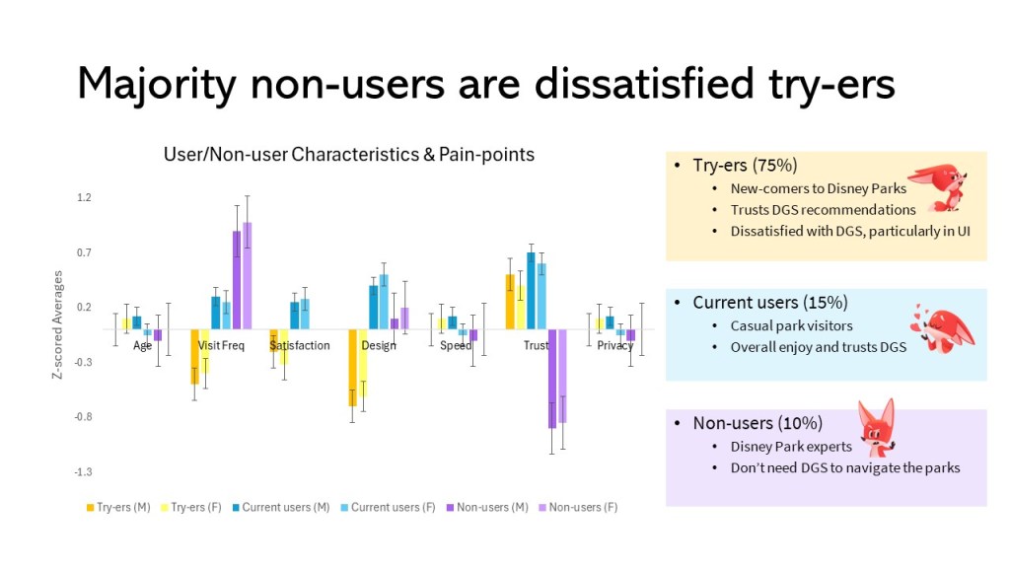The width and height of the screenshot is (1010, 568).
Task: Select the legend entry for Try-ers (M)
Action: coord(123,507)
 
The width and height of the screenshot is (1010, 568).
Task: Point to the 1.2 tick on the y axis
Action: coord(84,198)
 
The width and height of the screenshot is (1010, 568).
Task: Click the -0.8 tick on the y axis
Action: coord(82,417)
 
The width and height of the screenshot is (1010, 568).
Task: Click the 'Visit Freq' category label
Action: coord(221,346)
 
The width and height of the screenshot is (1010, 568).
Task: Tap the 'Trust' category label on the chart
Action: coord(537,346)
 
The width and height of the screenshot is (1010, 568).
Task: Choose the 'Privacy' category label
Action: coord(615,346)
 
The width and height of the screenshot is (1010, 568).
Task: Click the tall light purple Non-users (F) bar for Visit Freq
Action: coord(248,276)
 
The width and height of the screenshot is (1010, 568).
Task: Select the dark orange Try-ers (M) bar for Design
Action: coord(352,368)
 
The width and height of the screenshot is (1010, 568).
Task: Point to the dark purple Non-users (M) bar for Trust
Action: coord(552,379)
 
